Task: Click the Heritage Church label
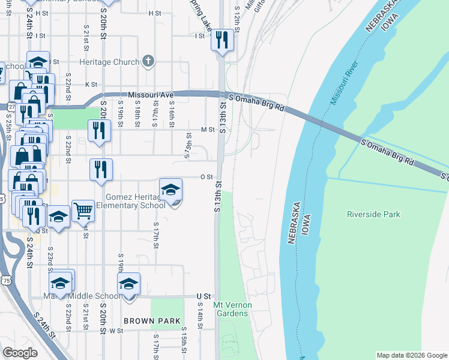pos(110,62)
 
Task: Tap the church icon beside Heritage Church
pos(148,61)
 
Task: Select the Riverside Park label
pos(373,214)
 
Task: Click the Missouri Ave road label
pos(151,95)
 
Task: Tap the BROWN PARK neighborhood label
pos(152,321)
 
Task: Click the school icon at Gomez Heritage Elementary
pos(171,190)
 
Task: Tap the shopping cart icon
pos(83,211)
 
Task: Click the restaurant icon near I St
pos(223,40)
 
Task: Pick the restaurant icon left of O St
pos(101,169)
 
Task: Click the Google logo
pos(20,353)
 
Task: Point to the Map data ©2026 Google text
pos(411,355)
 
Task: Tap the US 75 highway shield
pos(5,280)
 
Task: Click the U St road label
pos(204,296)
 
